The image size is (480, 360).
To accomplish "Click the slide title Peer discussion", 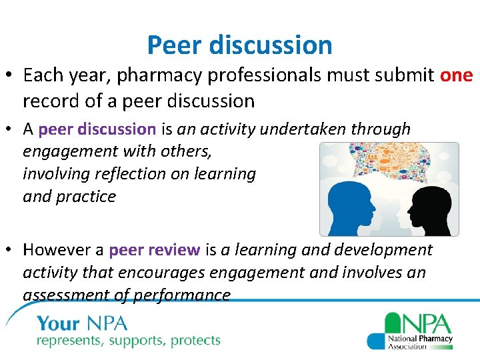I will click(x=239, y=45).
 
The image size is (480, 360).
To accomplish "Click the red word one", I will click(x=456, y=75).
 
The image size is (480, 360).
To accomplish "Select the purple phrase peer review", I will click(x=154, y=250).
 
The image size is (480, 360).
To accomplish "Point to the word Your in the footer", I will click(x=59, y=325).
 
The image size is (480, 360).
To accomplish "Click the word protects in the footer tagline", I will click(x=195, y=341).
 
